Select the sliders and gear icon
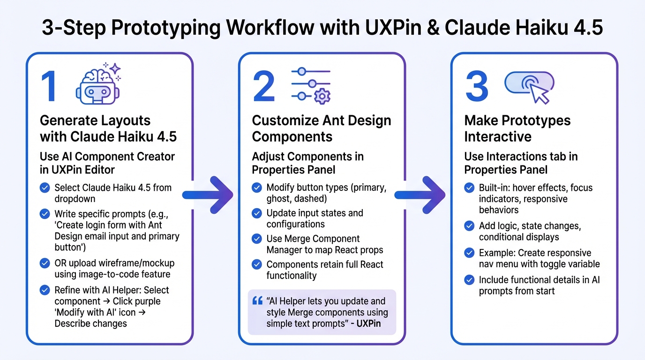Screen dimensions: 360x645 (311, 84)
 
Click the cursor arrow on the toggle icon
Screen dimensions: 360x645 (539, 94)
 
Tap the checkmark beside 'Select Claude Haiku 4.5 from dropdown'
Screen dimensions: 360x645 (45, 188)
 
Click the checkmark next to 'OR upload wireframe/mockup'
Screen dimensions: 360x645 (45, 263)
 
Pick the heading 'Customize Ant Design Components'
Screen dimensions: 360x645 (321, 128)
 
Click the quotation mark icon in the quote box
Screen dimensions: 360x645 (257, 300)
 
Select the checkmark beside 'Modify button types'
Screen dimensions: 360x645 (257, 188)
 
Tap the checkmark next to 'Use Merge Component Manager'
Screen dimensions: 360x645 (257, 239)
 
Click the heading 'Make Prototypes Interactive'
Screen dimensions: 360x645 (517, 128)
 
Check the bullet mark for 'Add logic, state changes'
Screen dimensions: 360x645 (469, 226)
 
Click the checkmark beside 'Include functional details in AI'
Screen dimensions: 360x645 (469, 280)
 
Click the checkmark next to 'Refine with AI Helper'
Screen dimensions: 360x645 (45, 290)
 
